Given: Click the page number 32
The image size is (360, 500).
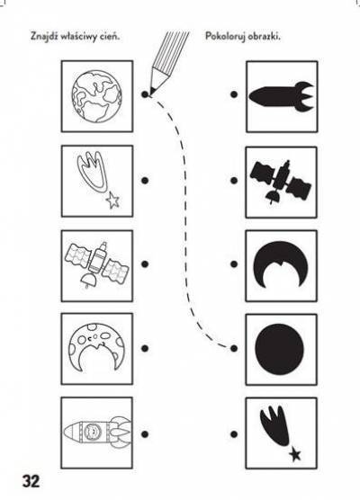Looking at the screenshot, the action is (x=31, y=481).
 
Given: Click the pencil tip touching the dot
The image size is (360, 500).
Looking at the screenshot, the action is (x=150, y=94).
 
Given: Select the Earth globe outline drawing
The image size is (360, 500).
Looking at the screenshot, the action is (x=96, y=96).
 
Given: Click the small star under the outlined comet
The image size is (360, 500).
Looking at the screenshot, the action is (x=112, y=200).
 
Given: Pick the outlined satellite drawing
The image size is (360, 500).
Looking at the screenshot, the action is (x=97, y=265).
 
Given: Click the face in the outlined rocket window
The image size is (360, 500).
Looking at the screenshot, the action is (x=92, y=431).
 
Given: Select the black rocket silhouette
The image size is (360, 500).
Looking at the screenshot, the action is (x=282, y=96).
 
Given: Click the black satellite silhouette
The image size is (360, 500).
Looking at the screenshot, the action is (x=281, y=181).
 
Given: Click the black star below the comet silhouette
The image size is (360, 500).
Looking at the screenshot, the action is (x=295, y=454).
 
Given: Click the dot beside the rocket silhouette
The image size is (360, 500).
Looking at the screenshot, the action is (x=234, y=94).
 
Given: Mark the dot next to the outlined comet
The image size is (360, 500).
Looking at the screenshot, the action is (x=145, y=181).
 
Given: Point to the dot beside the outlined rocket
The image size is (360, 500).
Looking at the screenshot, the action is (x=145, y=434).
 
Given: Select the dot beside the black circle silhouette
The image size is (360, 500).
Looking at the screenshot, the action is (x=234, y=348).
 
